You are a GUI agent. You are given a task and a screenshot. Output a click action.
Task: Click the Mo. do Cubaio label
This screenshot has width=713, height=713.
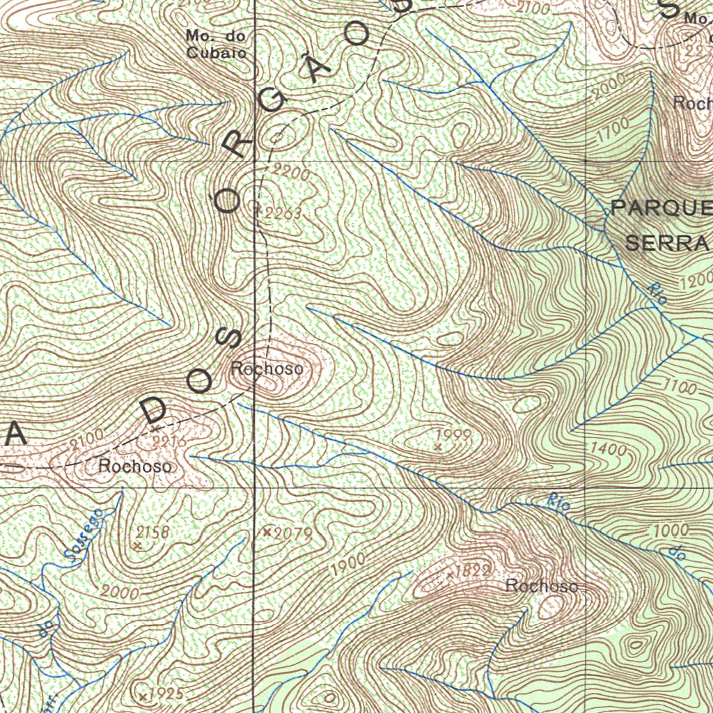tap(216, 43)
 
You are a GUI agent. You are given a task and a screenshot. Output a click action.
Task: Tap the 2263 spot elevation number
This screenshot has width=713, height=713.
tap(283, 214)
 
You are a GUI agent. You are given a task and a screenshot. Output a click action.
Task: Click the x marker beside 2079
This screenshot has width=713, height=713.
tap(267, 532)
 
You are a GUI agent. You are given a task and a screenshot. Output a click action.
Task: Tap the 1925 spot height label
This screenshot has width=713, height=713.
tap(166, 694)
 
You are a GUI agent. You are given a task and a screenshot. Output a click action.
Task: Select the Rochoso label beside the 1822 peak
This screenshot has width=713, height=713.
tap(542, 586)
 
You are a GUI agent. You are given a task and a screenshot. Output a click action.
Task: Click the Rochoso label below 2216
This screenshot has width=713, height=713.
tap(135, 467)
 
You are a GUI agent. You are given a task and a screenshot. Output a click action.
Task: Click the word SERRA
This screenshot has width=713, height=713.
tap(667, 244)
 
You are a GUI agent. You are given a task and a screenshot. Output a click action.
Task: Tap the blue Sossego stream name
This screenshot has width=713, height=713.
tap(82, 535)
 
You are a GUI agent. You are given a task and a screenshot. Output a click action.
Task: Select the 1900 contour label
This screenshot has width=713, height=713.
tap(348, 565)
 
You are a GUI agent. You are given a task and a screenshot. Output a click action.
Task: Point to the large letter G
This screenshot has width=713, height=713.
tap(274, 103)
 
